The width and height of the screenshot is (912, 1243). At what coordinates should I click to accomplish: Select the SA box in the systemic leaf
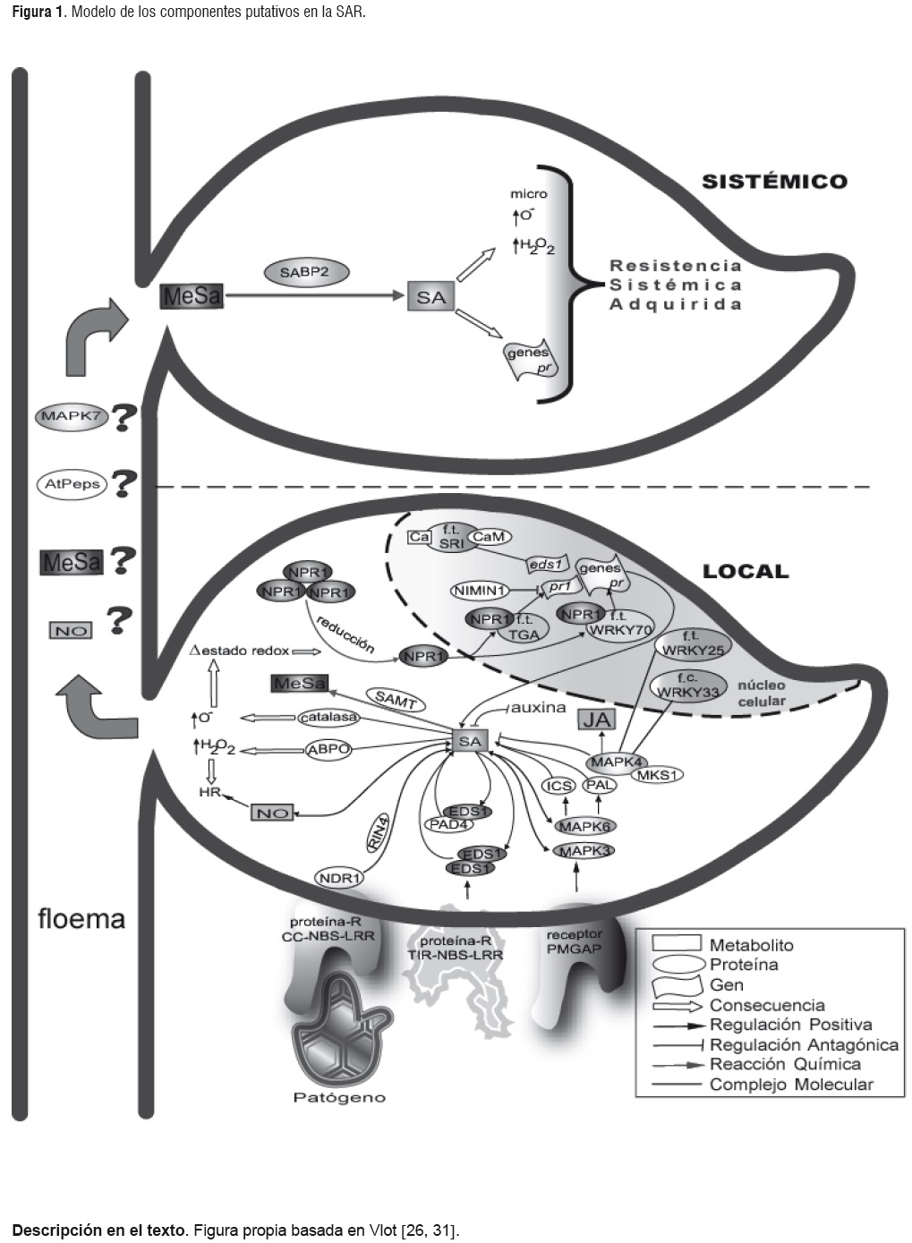point(430,296)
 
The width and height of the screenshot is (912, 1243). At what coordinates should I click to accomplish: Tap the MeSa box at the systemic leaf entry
point(192,296)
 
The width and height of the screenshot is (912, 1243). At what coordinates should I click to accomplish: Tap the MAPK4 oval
point(616,762)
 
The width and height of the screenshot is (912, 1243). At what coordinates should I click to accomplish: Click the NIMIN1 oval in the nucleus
point(480,590)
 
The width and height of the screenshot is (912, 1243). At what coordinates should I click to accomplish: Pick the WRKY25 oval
point(692,644)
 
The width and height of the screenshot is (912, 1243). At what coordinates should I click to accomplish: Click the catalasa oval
point(328,717)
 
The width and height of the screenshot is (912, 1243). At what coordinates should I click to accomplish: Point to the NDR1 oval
point(339,878)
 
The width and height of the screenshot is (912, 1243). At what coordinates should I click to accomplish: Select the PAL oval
point(600,785)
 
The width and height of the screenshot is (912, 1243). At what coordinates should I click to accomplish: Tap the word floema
point(81,919)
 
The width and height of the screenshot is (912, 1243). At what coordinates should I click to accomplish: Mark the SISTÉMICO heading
point(774,181)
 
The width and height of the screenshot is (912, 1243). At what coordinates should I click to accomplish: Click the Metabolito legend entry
point(751,945)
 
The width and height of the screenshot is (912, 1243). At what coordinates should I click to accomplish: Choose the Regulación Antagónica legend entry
point(803,1044)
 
